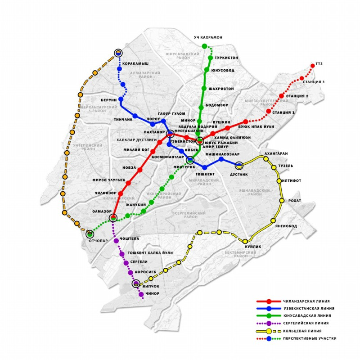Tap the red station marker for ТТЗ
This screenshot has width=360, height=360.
313,67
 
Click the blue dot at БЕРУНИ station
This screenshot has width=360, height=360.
121,99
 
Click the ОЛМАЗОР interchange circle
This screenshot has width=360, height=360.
113,218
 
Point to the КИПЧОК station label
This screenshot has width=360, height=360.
151,286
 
